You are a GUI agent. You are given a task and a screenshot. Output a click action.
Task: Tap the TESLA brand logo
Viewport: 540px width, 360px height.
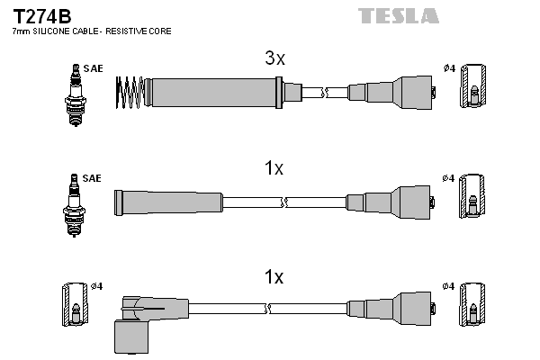(399, 15)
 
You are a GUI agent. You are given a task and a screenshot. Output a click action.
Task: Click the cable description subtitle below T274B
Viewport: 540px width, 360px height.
(92, 31)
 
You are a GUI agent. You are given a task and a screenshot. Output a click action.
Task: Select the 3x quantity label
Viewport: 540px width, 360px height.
(274, 59)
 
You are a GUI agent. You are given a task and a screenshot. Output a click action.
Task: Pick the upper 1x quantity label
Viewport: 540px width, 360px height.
(274, 168)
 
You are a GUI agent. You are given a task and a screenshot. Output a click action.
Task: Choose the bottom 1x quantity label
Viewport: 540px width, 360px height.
(274, 278)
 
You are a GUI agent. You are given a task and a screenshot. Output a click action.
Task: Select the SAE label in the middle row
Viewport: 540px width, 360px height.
(92, 179)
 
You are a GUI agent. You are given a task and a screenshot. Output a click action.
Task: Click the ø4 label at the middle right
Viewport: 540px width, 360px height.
(449, 178)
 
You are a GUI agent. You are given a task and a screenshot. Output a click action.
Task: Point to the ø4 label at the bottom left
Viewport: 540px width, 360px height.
(96, 287)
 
